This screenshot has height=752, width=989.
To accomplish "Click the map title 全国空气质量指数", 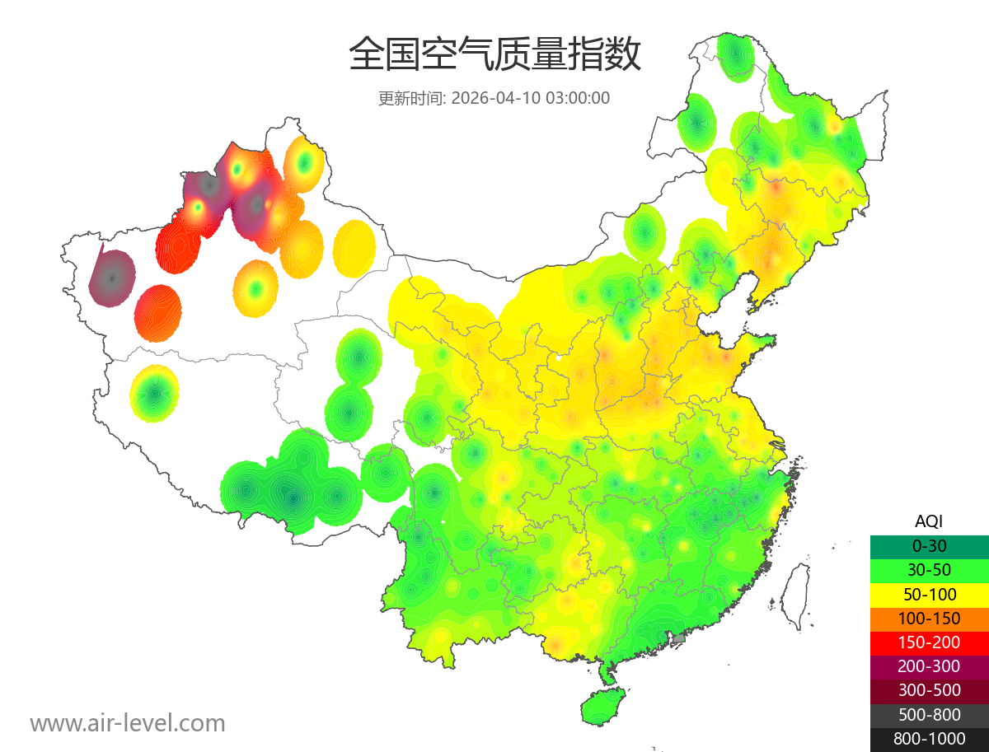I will tap(494, 55).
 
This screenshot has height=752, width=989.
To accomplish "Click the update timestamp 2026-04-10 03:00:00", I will tap(531, 98).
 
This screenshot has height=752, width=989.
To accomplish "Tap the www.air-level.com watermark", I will tap(128, 723).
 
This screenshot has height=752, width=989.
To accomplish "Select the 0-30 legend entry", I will tap(929, 545).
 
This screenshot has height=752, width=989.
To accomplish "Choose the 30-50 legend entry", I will tap(929, 569).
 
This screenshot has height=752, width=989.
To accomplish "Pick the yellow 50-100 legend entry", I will tap(929, 594).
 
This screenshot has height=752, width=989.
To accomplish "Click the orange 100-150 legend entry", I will tap(929, 618).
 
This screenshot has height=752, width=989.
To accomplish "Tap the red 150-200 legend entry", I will tap(929, 642).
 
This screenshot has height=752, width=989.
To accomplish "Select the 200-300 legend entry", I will tap(929, 666).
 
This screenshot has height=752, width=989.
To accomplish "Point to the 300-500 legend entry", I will tap(929, 690).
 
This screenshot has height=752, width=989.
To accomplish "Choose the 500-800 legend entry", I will tap(929, 715).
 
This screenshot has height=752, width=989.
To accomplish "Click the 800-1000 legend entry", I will tap(929, 739).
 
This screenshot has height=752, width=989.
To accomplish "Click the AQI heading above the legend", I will tap(929, 521).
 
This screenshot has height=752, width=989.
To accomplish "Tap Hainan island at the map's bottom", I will tap(602, 707).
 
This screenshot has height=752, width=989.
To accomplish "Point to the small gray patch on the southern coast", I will tap(679, 638).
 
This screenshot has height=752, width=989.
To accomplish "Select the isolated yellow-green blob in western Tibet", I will tap(155, 394).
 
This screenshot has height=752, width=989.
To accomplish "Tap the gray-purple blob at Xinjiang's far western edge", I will tap(112, 278).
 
